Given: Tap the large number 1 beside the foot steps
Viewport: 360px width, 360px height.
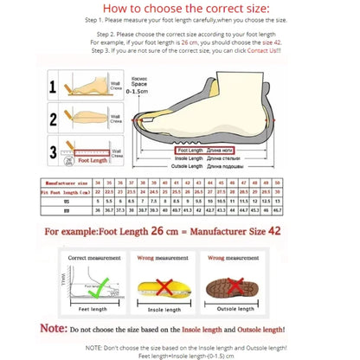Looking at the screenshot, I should [x=53, y=87].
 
